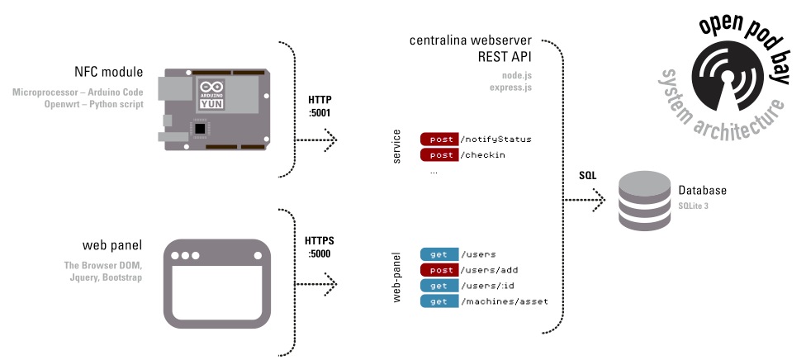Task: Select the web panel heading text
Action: pyautogui.click(x=111, y=245)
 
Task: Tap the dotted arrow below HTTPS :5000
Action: pyautogui.click(x=319, y=285)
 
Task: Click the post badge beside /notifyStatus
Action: pyautogui.click(x=439, y=140)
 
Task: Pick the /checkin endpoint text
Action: pyautogui.click(x=483, y=155)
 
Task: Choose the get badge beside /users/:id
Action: pyautogui.click(x=439, y=286)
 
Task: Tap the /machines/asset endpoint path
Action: pyautogui.click(x=504, y=301)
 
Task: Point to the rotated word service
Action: pyautogui.click(x=396, y=146)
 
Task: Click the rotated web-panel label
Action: pyautogui.click(x=396, y=277)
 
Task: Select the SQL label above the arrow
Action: pyautogui.click(x=587, y=176)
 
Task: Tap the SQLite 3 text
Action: pyautogui.click(x=694, y=205)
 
